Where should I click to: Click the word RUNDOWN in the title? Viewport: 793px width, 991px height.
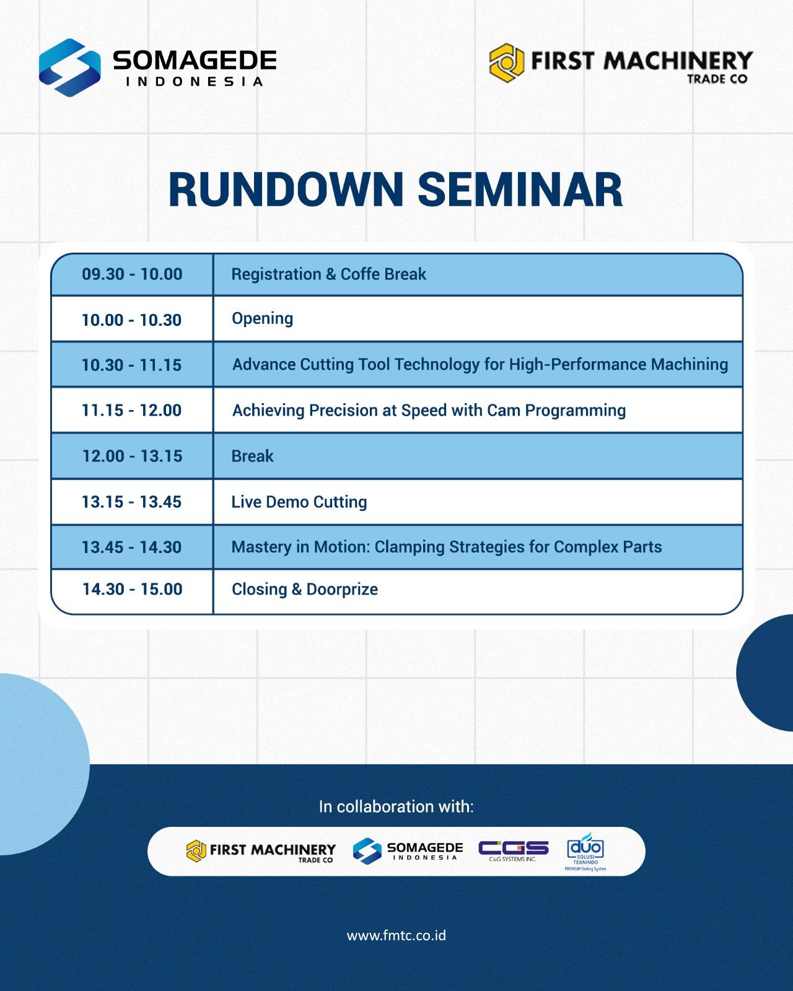tap(286, 190)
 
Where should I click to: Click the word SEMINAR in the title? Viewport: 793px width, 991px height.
tap(520, 190)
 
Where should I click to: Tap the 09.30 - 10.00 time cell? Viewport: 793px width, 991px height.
tap(132, 274)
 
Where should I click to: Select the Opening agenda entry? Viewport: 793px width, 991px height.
tap(262, 319)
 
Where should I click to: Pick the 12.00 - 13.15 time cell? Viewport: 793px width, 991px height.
tap(132, 456)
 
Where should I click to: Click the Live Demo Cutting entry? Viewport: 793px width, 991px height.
tap(299, 502)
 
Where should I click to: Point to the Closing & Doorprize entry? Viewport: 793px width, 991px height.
tap(305, 590)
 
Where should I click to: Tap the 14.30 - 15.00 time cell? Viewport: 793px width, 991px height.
tap(132, 589)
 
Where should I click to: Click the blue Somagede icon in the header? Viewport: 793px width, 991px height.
tap(69, 68)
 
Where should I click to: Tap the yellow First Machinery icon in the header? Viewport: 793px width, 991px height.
tap(506, 63)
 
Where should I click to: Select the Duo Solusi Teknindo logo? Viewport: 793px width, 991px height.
tap(585, 852)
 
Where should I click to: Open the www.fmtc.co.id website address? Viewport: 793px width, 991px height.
tap(396, 935)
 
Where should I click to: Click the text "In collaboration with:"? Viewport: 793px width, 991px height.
tap(396, 807)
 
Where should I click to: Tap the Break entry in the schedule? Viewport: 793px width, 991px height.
tap(252, 456)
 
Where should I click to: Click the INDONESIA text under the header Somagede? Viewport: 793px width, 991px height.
tap(194, 82)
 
